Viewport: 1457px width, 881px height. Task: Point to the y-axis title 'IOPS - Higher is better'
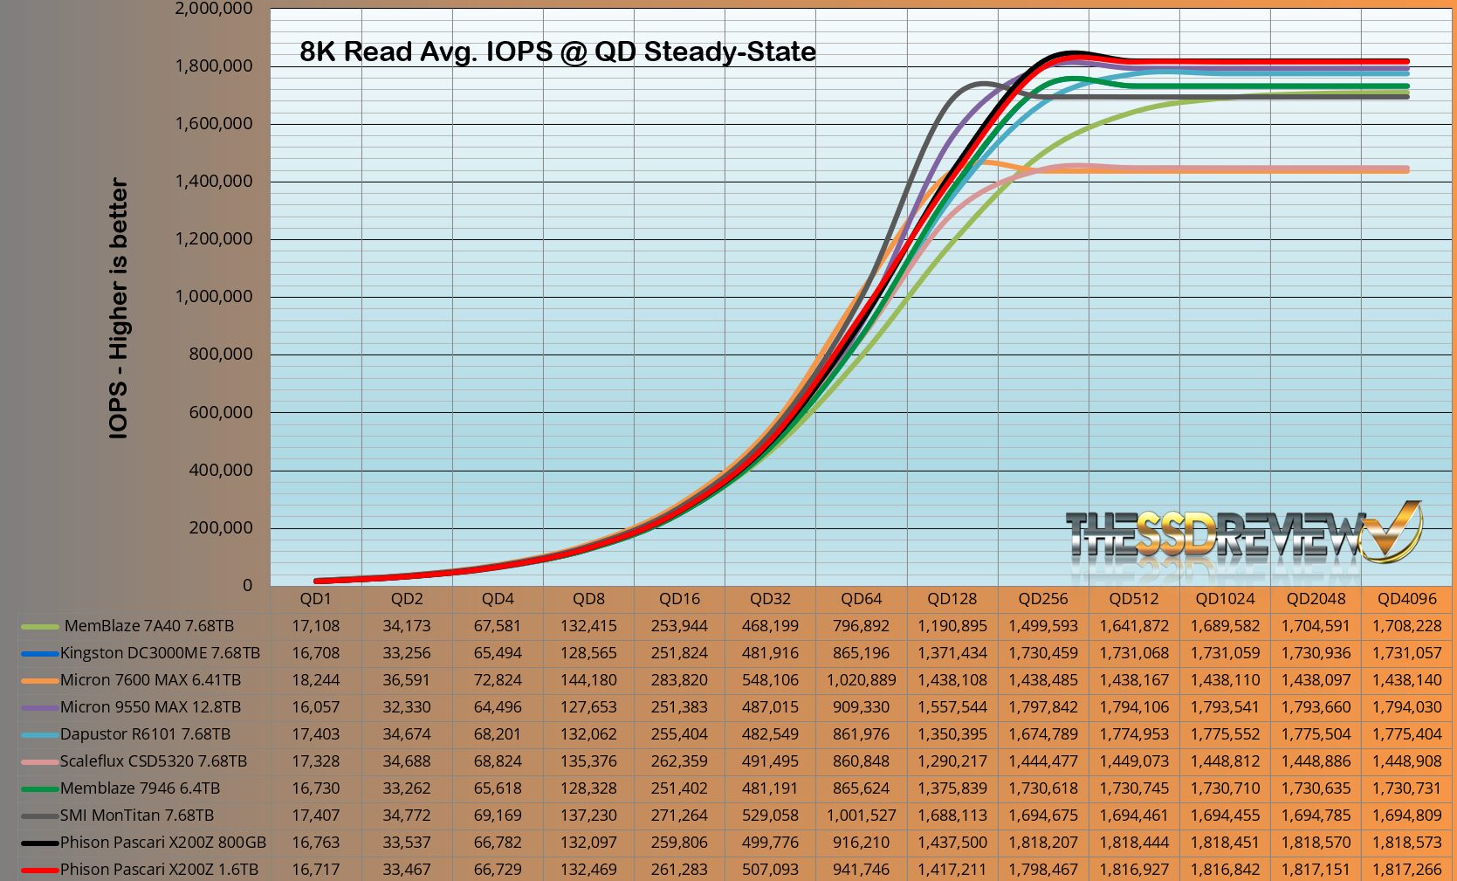tap(119, 308)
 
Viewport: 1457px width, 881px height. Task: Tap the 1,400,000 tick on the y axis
tap(214, 182)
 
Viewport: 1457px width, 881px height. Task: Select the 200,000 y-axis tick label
tap(221, 527)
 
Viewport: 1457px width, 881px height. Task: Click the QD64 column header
tap(861, 599)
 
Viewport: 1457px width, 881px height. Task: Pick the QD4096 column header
tap(1406, 599)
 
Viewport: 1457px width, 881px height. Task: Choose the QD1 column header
tap(315, 599)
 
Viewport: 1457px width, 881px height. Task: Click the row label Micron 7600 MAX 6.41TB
tap(150, 680)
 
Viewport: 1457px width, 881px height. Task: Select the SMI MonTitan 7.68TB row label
tap(137, 816)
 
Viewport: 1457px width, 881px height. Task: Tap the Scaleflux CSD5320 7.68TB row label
tap(154, 761)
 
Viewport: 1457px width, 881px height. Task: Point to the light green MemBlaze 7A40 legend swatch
tap(39, 626)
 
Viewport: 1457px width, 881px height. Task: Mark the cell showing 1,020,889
tap(861, 680)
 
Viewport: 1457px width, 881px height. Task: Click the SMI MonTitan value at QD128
tap(952, 816)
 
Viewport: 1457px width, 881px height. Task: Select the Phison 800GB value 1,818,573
tap(1406, 843)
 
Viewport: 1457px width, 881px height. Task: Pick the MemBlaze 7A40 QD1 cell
tap(315, 626)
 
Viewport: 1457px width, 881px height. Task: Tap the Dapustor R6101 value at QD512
tap(1134, 734)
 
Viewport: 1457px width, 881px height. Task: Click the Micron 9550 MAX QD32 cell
tap(770, 707)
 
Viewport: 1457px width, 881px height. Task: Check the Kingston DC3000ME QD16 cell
tap(679, 653)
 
